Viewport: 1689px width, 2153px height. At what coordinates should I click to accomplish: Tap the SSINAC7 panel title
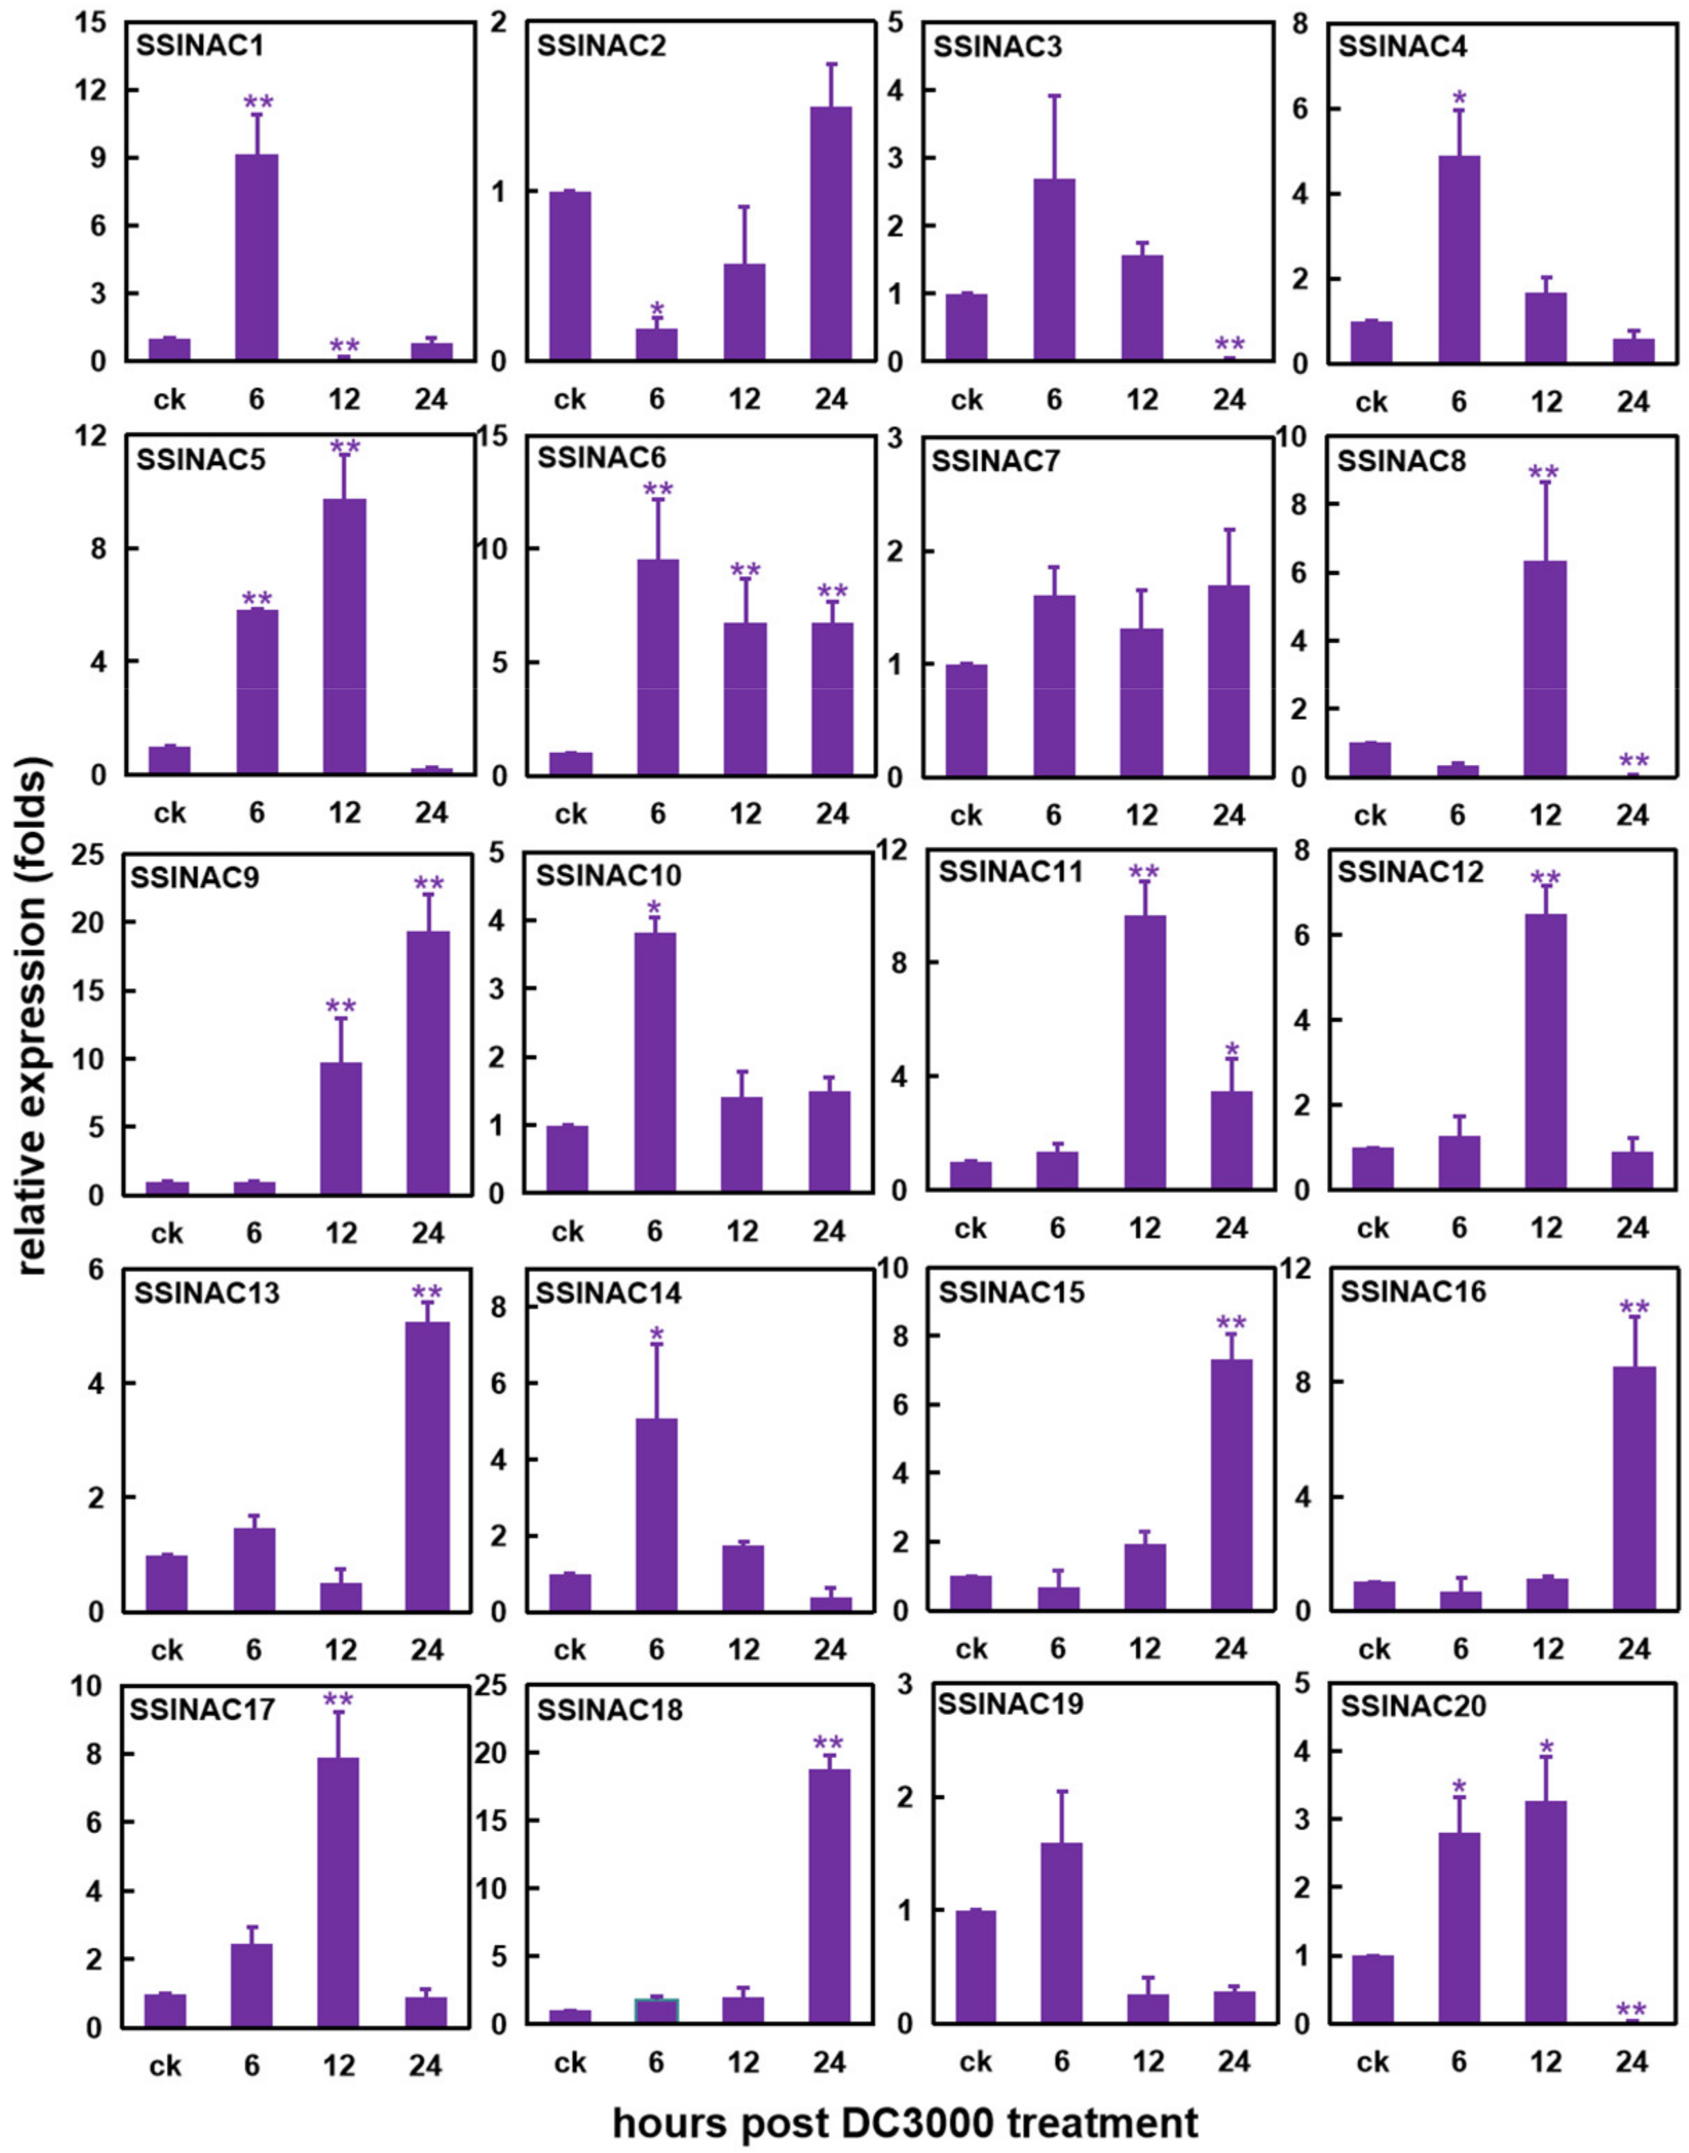(x=996, y=461)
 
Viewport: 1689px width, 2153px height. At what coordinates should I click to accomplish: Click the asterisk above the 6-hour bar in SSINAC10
(x=654, y=909)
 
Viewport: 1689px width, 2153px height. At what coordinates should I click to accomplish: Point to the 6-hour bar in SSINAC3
(x=1054, y=269)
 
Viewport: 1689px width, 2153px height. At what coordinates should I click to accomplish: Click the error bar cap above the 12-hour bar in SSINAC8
(x=1545, y=482)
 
